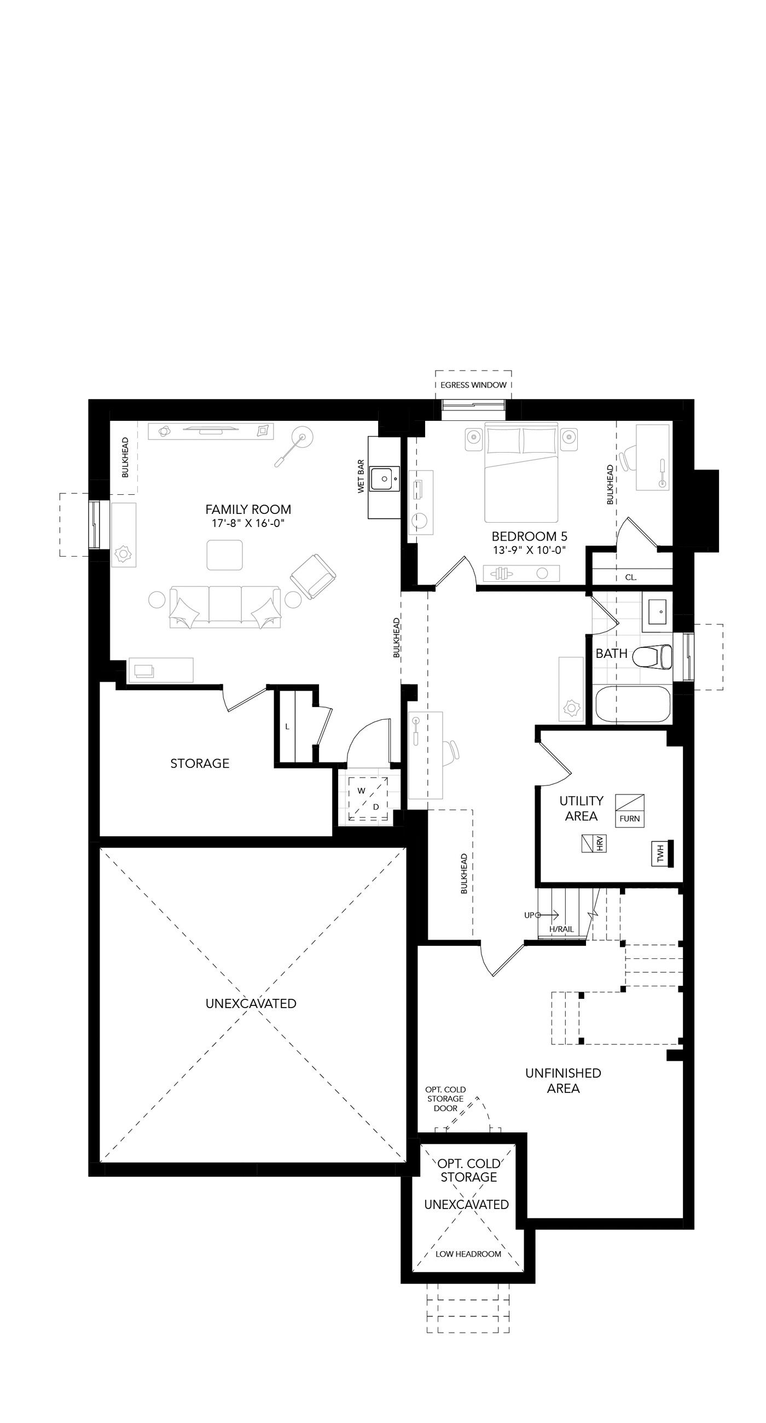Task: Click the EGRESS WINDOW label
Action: point(473,385)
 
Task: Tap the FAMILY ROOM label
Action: point(248,510)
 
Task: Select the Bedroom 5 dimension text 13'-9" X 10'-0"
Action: point(530,550)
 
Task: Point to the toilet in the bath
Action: point(652,657)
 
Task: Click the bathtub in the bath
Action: point(633,704)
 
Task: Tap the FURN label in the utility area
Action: point(630,819)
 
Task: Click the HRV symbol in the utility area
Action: point(594,843)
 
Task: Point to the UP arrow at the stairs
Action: point(547,915)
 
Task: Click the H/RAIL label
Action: point(561,929)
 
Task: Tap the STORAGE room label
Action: point(199,763)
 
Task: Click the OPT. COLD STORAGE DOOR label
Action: point(445,1099)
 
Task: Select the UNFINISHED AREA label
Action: point(564,1080)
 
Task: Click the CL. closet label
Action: point(631,577)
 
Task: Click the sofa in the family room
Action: point(225,607)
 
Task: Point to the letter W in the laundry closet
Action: point(361,791)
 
